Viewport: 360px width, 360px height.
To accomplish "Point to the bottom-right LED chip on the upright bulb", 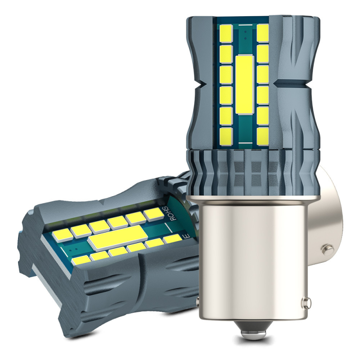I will coord(263,134).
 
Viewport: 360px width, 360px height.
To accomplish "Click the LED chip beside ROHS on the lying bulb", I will coord(153,214).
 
